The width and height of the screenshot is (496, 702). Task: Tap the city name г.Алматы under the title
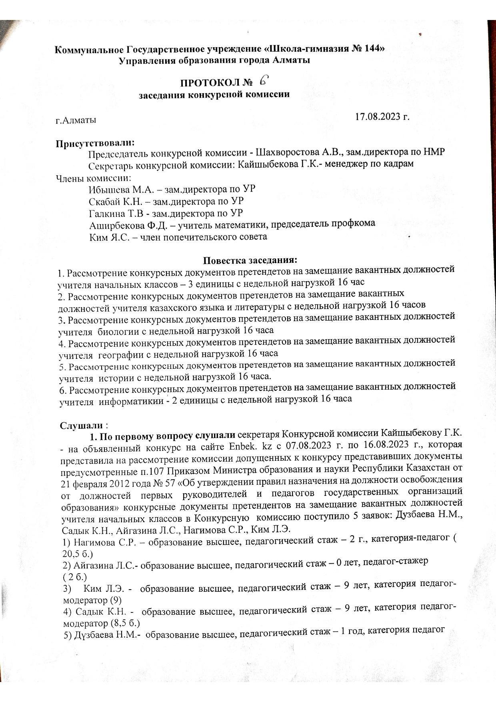(x=76, y=120)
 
